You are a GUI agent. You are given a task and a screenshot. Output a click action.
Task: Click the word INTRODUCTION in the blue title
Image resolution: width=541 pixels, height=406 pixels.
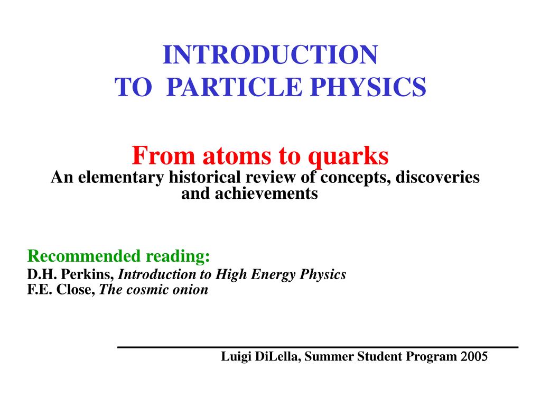click(x=270, y=54)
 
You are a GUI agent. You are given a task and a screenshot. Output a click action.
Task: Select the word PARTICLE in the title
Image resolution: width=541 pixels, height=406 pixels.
click(x=235, y=87)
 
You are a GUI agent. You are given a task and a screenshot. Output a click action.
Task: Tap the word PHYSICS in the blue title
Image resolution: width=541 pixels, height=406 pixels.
click(x=368, y=87)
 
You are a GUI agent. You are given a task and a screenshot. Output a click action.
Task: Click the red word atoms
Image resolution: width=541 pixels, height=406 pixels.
click(x=237, y=156)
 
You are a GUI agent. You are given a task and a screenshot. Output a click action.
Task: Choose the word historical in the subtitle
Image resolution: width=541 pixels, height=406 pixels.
click(x=204, y=177)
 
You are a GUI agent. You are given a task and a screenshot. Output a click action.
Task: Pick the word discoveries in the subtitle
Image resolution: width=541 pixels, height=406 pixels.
click(x=437, y=177)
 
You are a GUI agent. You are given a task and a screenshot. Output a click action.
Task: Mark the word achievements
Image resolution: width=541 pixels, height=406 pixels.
click(x=266, y=193)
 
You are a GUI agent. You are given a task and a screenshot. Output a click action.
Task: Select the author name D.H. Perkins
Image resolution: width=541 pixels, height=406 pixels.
click(x=70, y=274)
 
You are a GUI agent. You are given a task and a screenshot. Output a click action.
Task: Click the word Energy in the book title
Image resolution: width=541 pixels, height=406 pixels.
click(x=273, y=275)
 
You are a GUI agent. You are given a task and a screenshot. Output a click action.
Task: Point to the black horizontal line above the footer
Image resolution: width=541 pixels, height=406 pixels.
click(x=318, y=347)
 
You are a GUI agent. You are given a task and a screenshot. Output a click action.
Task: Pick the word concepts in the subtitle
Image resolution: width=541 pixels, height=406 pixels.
click(x=356, y=178)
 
